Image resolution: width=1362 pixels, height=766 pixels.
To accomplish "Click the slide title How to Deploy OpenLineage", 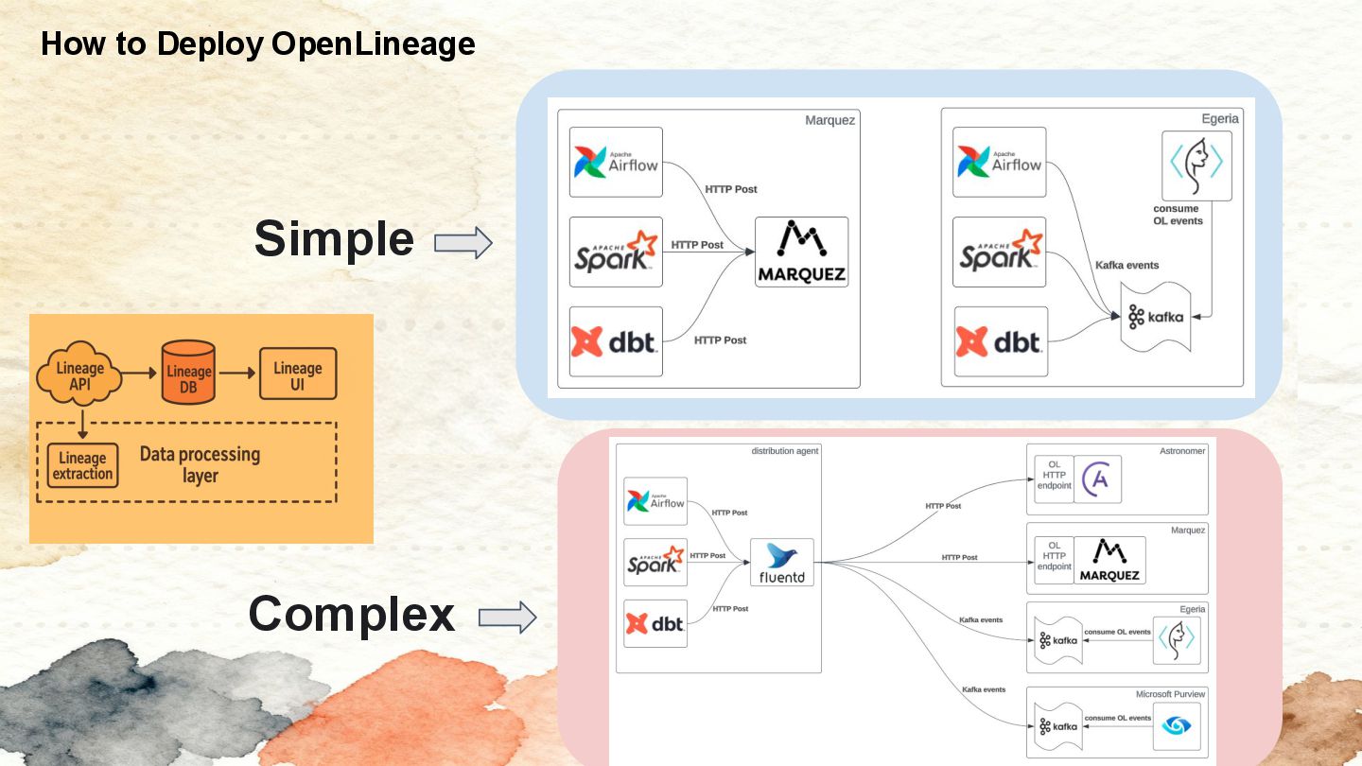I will [257, 44].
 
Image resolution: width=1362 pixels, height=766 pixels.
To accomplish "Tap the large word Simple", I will [334, 239].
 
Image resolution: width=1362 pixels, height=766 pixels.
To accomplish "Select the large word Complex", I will [351, 614].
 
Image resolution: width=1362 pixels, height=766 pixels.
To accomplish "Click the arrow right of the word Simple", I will [463, 243].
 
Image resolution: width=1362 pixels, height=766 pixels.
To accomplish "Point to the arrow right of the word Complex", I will [507, 618].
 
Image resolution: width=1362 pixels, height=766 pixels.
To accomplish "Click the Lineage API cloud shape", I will [79, 375].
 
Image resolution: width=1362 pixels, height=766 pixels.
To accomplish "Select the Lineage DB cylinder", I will [188, 372].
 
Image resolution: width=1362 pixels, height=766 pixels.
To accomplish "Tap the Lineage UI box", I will [297, 375].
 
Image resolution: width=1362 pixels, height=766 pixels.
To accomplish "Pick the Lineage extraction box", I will [83, 465].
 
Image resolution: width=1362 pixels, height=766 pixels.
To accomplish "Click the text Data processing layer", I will [200, 464].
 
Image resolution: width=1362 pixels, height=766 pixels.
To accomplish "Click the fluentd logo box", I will [782, 563].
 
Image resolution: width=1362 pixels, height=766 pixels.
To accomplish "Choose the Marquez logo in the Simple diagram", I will [801, 252].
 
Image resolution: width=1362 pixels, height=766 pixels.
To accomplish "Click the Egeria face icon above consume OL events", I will [1196, 165].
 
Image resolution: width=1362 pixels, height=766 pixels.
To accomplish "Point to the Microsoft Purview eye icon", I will [1177, 726].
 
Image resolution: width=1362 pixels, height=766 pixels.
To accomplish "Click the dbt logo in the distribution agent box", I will [655, 623].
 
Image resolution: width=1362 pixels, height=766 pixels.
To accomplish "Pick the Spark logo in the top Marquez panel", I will [616, 252].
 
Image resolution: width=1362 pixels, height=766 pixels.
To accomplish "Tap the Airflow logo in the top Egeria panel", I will [999, 163].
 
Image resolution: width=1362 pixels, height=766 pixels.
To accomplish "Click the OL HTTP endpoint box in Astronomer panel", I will [1054, 479].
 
